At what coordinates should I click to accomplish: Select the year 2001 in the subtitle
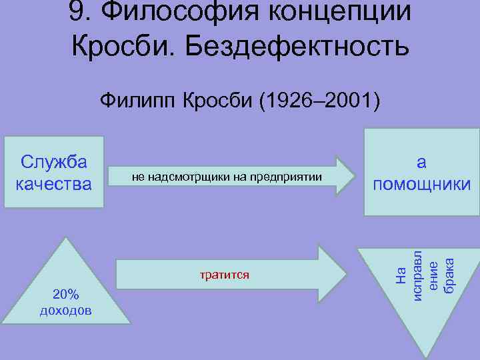(351, 102)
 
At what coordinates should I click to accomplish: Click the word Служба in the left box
(55, 162)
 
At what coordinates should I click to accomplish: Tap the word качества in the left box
(54, 183)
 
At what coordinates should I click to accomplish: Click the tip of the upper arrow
(355, 176)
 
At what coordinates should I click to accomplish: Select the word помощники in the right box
(421, 183)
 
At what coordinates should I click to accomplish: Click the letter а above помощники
(421, 162)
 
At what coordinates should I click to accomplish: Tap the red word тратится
(225, 274)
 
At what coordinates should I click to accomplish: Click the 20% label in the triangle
(66, 295)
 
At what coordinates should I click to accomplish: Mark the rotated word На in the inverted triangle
(399, 273)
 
